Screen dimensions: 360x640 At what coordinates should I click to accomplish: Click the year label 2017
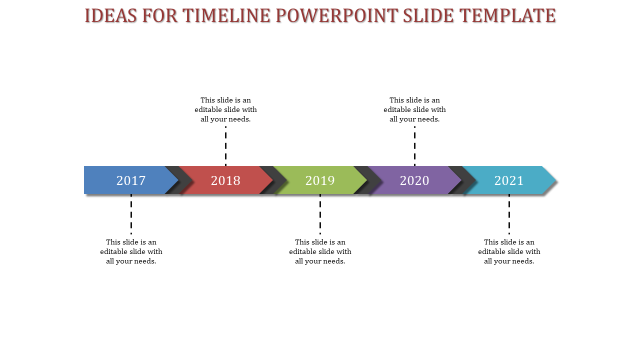[131, 180]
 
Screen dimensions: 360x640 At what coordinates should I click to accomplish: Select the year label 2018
[225, 180]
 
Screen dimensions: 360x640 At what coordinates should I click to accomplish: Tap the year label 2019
[320, 180]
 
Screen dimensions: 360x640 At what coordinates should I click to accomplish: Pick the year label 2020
[414, 180]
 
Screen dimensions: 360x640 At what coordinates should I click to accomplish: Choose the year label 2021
[509, 180]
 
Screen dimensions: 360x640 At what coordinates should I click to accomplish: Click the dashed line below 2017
[131, 214]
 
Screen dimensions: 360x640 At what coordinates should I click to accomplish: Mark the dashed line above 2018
[225, 146]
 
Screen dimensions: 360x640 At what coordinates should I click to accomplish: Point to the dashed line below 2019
[320, 214]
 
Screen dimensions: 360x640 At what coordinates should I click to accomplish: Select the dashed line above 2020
[414, 146]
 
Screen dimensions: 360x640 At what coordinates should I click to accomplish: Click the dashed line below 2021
[509, 214]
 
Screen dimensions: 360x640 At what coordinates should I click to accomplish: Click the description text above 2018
[225, 109]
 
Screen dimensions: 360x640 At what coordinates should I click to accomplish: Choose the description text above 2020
[414, 109]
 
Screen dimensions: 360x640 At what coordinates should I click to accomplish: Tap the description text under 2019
[320, 251]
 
